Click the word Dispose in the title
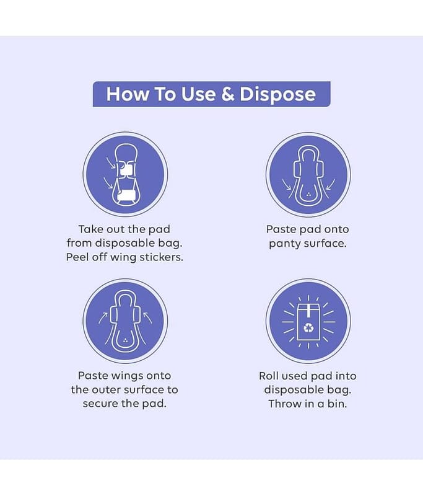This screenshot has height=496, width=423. click(277, 94)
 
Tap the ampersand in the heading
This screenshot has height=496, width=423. click(227, 94)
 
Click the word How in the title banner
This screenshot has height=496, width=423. click(127, 94)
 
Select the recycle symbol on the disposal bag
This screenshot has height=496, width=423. click(308, 328)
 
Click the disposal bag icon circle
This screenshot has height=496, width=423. click(308, 321)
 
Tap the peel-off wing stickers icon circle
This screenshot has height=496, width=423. click(126, 174)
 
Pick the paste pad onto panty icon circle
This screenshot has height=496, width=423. click(308, 174)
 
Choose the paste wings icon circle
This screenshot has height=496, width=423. click(126, 321)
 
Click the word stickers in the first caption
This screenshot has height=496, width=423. click(161, 257)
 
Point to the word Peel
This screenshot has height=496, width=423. click(77, 257)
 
